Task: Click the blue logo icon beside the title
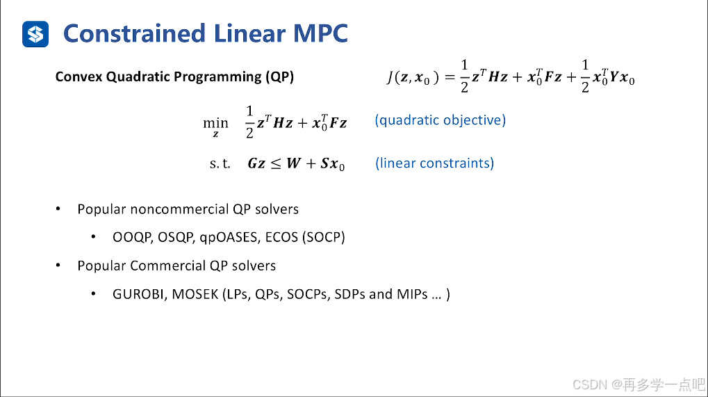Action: tap(35, 33)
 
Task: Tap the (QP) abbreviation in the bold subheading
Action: tap(279, 77)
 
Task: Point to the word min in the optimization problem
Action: tap(215, 123)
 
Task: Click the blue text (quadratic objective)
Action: tap(440, 120)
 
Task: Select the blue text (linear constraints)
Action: tap(434, 163)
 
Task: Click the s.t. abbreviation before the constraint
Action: tap(220, 164)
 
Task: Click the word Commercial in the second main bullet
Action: tap(168, 266)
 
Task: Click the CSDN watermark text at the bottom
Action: tap(590, 384)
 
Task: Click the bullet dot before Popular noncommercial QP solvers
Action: tap(59, 209)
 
